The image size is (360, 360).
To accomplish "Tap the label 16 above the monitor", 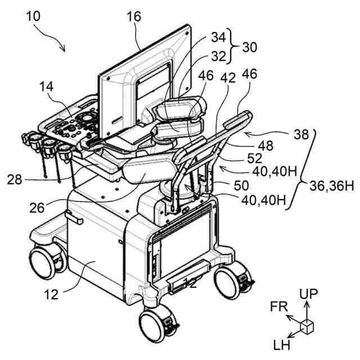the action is click(x=133, y=16).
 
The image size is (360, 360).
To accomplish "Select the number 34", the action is click(x=219, y=38).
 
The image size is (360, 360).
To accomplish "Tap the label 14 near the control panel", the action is click(x=47, y=87).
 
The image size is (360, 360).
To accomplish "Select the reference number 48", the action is click(x=265, y=145).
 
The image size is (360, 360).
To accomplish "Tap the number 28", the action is click(x=15, y=179).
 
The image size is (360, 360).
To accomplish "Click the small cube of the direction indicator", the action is click(x=307, y=327).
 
